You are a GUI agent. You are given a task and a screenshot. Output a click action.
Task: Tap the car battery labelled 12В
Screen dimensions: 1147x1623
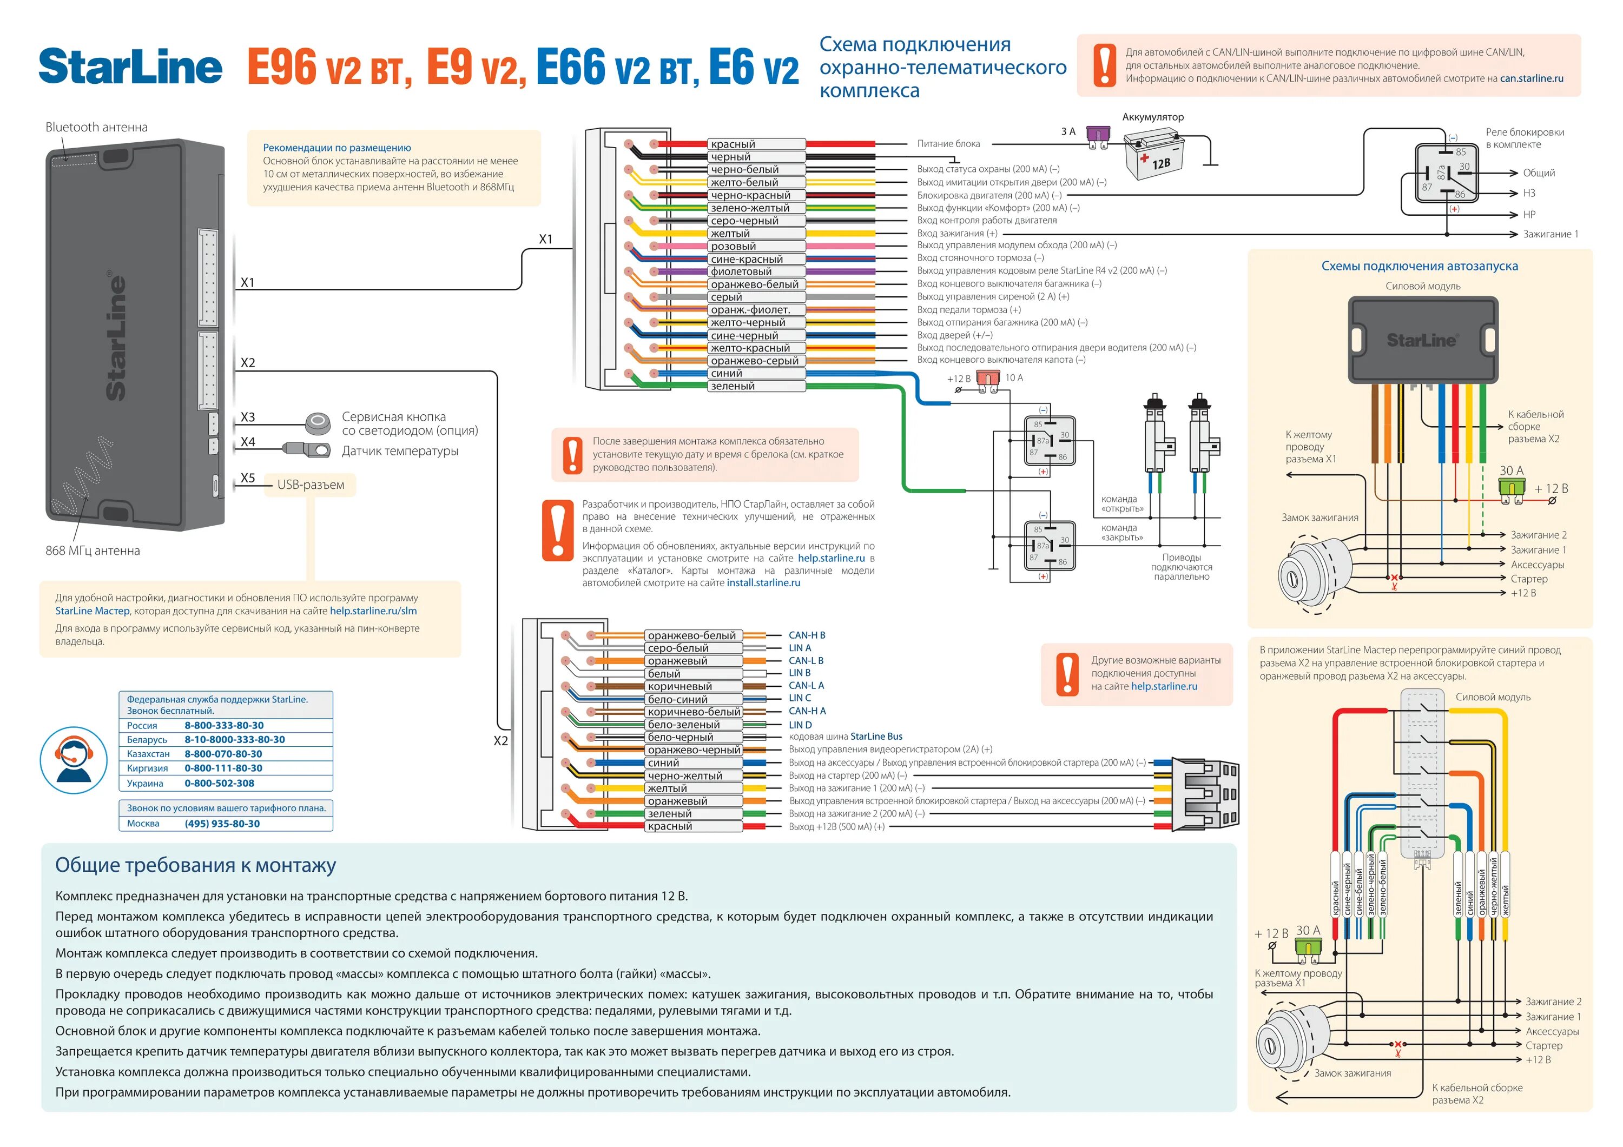tap(1153, 154)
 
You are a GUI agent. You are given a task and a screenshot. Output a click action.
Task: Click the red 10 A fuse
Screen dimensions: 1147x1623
tap(987, 380)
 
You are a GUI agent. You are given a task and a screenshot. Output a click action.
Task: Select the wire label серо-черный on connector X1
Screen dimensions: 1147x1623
tap(744, 221)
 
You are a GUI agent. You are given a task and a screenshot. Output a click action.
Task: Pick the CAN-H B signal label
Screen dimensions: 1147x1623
tap(807, 635)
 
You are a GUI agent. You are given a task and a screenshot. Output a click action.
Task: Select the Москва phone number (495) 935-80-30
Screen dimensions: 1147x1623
tap(222, 823)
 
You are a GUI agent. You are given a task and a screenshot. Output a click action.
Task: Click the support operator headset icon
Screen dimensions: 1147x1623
tap(74, 760)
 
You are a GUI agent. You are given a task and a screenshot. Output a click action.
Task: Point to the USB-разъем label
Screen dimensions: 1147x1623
tap(311, 485)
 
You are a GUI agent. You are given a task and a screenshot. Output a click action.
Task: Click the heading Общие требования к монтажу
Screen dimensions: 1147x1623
tap(195, 865)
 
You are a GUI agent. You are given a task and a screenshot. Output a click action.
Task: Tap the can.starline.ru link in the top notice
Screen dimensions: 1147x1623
tap(1531, 78)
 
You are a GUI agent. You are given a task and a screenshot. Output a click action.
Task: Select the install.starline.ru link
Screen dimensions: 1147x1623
tap(763, 583)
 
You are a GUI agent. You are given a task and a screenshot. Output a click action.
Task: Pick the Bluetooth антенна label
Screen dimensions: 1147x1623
tap(96, 127)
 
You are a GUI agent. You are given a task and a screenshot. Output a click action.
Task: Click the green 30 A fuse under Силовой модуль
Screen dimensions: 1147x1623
tap(1512, 488)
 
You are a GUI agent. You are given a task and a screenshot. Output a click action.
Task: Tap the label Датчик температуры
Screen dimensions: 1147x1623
tap(400, 451)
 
